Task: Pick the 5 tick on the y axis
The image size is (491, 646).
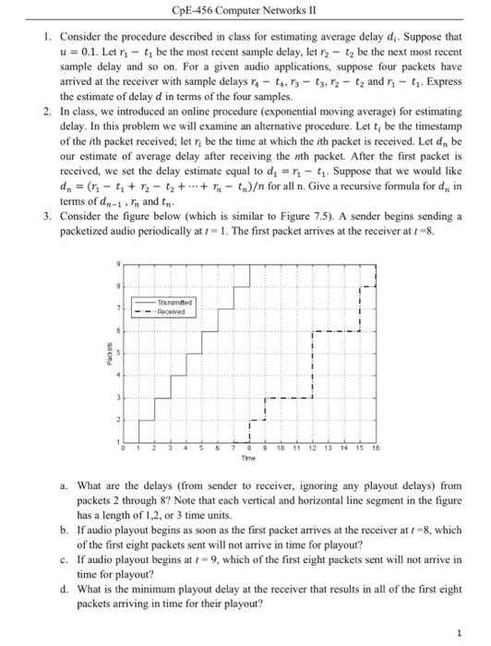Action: [117, 351]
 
